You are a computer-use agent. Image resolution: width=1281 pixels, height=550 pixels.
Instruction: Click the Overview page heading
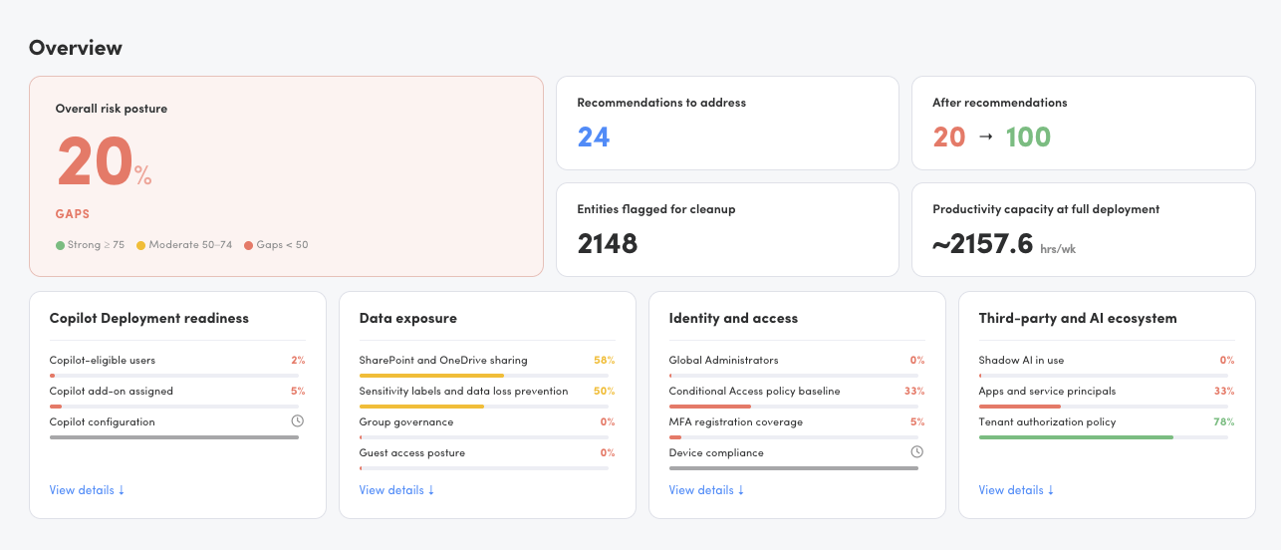pyautogui.click(x=76, y=48)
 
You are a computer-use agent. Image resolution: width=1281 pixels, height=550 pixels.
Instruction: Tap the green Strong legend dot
pyautogui.click(x=60, y=245)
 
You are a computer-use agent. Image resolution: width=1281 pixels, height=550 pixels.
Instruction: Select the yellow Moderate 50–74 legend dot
pyautogui.click(x=140, y=245)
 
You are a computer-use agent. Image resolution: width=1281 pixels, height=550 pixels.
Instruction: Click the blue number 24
pyautogui.click(x=594, y=137)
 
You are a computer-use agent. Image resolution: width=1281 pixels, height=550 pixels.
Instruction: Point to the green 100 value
pyautogui.click(x=1028, y=137)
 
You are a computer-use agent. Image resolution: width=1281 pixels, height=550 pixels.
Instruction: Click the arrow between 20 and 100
pyautogui.click(x=985, y=137)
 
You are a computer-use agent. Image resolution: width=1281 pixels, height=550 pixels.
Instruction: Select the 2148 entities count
pyautogui.click(x=608, y=244)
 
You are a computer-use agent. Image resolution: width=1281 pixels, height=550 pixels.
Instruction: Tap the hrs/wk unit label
pyautogui.click(x=1058, y=249)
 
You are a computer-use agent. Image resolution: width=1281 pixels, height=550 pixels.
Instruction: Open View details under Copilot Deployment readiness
pyautogui.click(x=87, y=490)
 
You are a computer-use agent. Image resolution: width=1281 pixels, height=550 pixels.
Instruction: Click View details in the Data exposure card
pyautogui.click(x=396, y=490)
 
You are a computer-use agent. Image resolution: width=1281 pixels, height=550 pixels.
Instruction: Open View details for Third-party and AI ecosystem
pyautogui.click(x=1016, y=490)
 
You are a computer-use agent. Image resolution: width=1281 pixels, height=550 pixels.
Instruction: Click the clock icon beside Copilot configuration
pyautogui.click(x=298, y=421)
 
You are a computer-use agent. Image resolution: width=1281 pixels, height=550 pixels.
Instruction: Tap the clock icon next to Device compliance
pyautogui.click(x=916, y=452)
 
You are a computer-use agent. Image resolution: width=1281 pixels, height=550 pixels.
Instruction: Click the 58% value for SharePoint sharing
pyautogui.click(x=604, y=360)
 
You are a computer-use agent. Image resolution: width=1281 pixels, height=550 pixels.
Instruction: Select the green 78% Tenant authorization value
pyautogui.click(x=1224, y=421)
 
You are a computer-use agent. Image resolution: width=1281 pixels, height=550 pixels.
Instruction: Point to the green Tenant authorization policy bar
pyautogui.click(x=1076, y=437)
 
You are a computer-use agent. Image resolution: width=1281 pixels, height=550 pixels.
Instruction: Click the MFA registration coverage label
pyautogui.click(x=735, y=422)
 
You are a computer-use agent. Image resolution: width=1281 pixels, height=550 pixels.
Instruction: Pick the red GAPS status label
pyautogui.click(x=73, y=214)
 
